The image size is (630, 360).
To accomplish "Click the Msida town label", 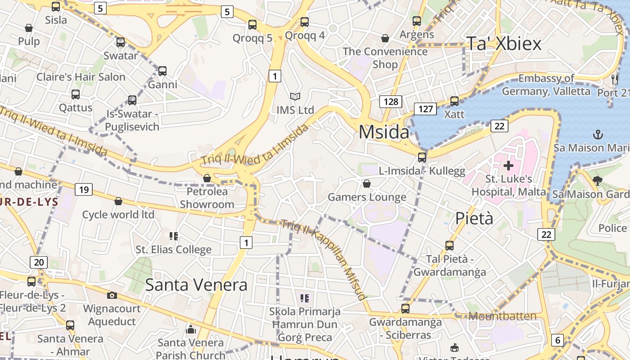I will [x=384, y=132].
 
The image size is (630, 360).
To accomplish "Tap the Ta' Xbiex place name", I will [x=504, y=44].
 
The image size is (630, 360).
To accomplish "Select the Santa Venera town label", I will [x=196, y=285].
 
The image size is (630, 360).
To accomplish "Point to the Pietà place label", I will [x=474, y=218].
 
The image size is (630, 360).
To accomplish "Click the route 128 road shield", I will [x=391, y=101].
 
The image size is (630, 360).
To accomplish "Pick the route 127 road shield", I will [x=425, y=108].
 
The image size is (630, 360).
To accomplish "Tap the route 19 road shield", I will [x=84, y=189].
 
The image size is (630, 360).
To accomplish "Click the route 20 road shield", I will [x=39, y=262].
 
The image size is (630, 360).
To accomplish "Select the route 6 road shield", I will [x=558, y=340].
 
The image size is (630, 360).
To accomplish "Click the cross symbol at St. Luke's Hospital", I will [x=508, y=165].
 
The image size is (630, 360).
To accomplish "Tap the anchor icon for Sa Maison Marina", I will [x=598, y=134].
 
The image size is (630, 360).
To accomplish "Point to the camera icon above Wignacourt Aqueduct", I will [x=112, y=295].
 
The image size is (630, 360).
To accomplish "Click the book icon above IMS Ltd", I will [x=295, y=96].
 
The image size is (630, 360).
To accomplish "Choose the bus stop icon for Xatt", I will [x=454, y=101].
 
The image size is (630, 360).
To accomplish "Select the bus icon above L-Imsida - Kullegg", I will [x=422, y=157].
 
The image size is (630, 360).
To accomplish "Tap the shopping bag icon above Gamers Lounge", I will [x=367, y=184].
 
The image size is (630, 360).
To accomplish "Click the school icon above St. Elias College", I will [x=173, y=236].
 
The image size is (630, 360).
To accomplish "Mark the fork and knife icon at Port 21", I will [x=614, y=80].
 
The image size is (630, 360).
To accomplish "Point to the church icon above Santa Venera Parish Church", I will [x=191, y=330].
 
